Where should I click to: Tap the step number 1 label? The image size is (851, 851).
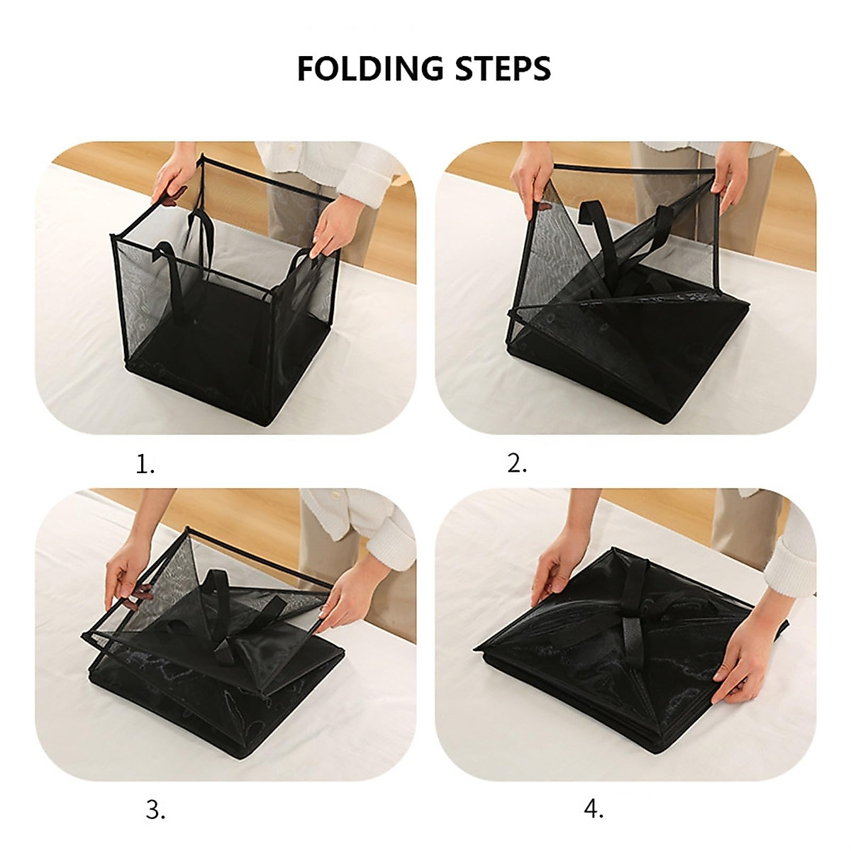coord(145,465)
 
